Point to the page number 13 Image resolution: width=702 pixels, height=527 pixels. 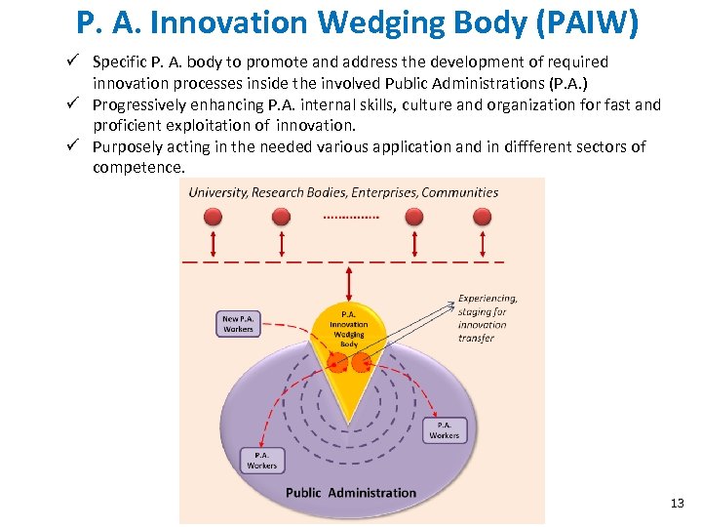678,504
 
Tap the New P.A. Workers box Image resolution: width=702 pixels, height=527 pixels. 238,324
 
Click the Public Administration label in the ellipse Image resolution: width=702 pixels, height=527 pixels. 351,493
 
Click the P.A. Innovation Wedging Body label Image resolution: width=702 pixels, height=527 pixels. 349,329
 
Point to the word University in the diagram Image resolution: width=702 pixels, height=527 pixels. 217,192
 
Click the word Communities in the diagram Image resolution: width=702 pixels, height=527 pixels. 460,192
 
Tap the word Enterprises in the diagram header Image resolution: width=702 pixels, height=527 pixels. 383,192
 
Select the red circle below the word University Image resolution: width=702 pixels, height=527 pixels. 214,216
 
